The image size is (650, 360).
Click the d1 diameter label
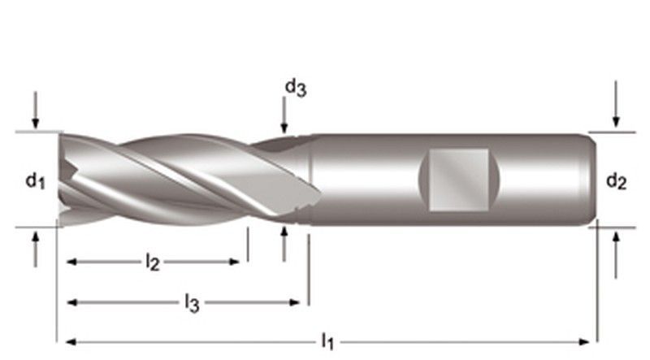click(33, 180)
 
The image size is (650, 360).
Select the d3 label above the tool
click(295, 88)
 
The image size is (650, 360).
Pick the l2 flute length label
click(152, 262)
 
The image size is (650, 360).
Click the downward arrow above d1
click(35, 110)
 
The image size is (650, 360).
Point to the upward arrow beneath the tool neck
click(284, 244)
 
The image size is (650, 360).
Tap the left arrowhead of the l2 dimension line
click(71, 262)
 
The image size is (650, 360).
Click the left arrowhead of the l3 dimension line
click(71, 302)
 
